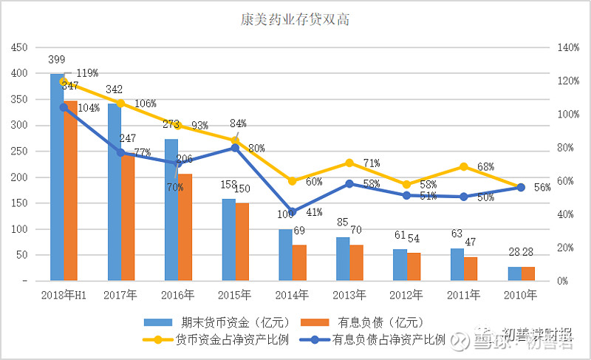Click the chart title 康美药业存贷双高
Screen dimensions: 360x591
tap(295, 20)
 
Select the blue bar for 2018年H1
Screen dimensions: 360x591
tap(57, 177)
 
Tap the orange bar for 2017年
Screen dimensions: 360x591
tap(128, 217)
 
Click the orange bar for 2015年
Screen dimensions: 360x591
tap(242, 242)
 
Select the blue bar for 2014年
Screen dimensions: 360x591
tap(285, 255)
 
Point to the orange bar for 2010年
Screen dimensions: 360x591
tap(527, 274)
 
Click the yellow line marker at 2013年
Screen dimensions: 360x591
tap(349, 163)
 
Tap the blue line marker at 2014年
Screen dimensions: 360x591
tap(293, 212)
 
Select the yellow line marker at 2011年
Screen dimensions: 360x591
tap(464, 167)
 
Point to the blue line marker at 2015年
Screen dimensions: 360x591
tap(235, 147)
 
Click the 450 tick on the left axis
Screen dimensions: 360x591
tap(19, 47)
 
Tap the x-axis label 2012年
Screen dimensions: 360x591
tap(406, 294)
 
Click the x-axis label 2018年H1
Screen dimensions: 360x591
tap(64, 294)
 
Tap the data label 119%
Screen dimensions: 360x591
tap(87, 72)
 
